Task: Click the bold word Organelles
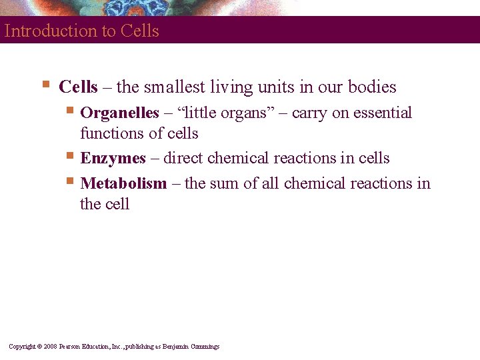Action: [x=119, y=113]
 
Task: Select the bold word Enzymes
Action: [x=113, y=158]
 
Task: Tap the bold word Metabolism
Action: [x=123, y=183]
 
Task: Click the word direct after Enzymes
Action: [x=183, y=158]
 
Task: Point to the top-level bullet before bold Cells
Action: [x=45, y=84]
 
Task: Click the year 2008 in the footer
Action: [x=51, y=347]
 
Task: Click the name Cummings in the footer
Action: [x=204, y=347]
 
